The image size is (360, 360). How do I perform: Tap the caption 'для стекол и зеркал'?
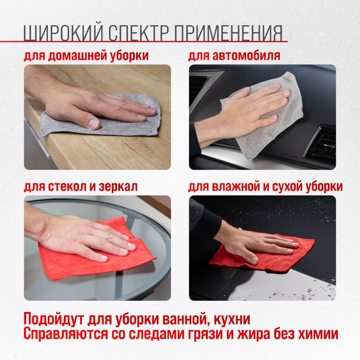[x=81, y=186]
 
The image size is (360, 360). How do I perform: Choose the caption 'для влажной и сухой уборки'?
[x=265, y=186]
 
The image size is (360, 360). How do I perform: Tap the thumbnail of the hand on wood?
[x=97, y=117]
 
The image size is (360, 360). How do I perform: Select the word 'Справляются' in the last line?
[x=66, y=334]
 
